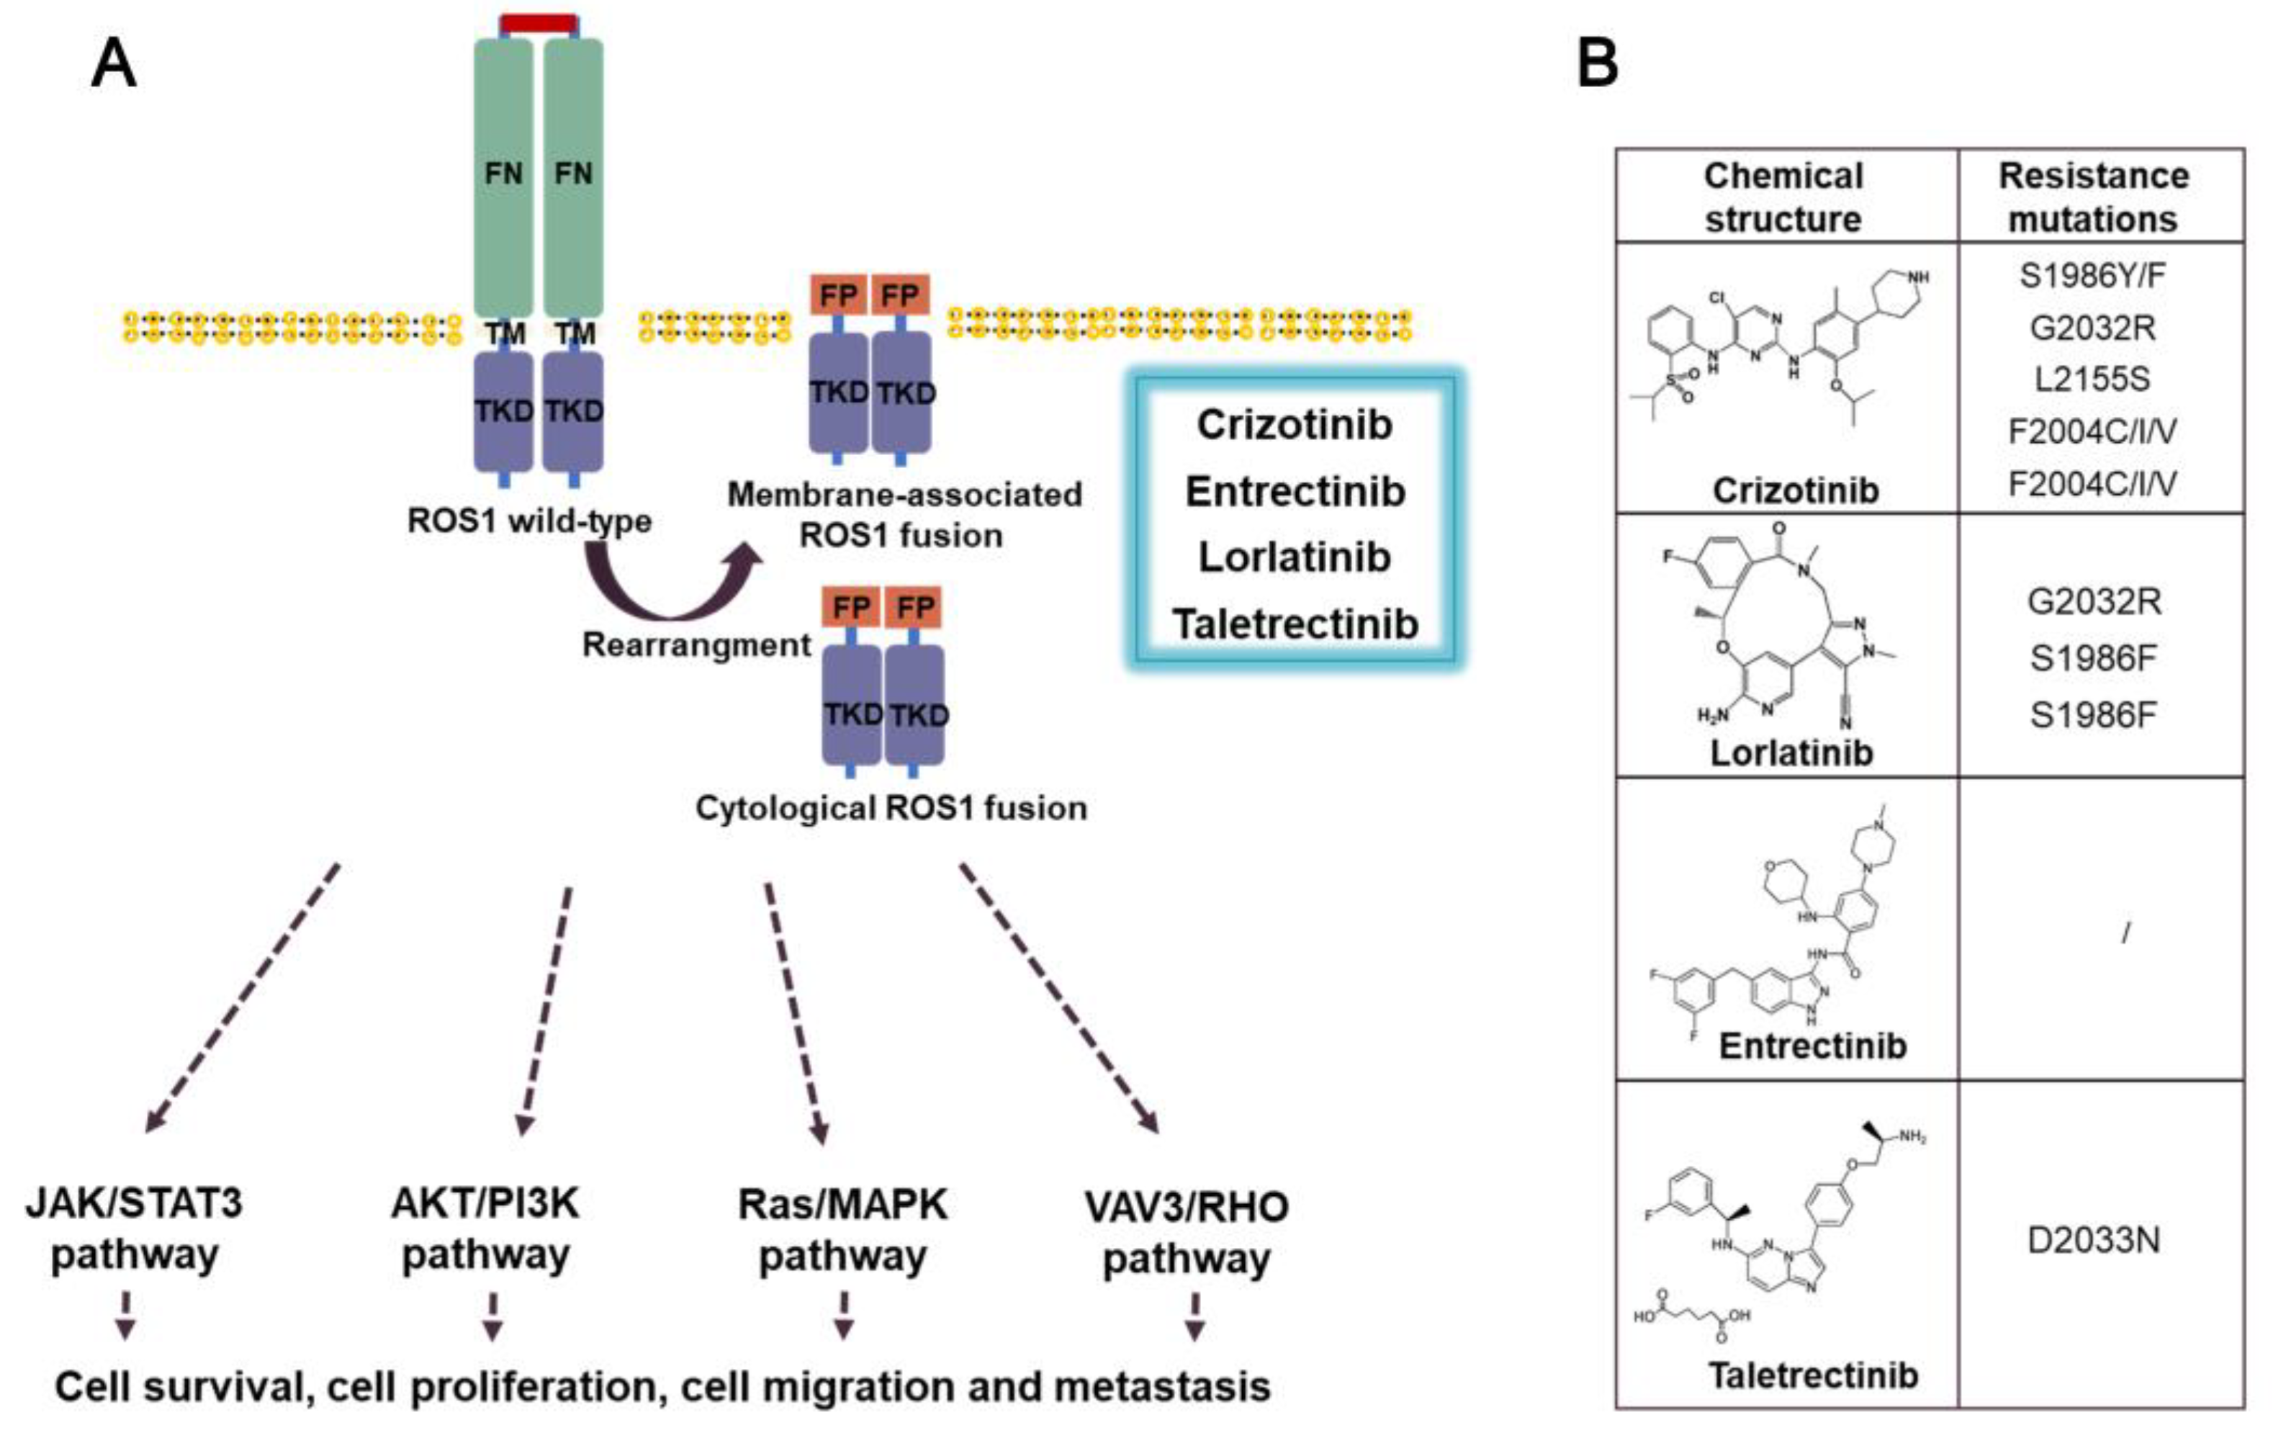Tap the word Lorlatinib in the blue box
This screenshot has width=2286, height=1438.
[1294, 557]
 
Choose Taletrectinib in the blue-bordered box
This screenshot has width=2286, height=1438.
[1295, 624]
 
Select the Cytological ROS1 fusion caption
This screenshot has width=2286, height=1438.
[891, 809]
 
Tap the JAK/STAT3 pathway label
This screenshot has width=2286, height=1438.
[134, 1228]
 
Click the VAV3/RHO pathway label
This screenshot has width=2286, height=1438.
[1186, 1232]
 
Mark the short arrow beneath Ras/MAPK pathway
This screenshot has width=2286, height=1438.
[843, 1315]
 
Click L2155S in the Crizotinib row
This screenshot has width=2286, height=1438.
[2092, 379]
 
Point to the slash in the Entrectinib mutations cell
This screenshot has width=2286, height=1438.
[2125, 934]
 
